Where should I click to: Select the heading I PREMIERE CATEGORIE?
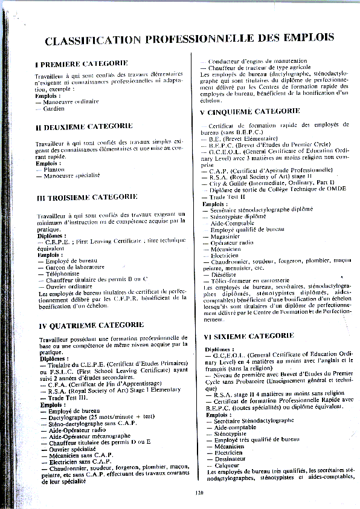(x=82, y=63)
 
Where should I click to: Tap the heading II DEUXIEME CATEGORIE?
(x=84, y=126)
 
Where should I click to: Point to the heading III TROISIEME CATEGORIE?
(x=87, y=197)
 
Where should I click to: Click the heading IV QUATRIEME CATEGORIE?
(x=87, y=326)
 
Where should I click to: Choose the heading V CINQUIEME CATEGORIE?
(x=249, y=112)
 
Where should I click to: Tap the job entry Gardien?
(x=54, y=109)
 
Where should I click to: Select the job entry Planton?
(x=54, y=170)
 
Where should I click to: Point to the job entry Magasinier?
(x=227, y=236)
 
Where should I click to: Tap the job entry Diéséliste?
(x=225, y=273)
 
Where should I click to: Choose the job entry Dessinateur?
(x=231, y=459)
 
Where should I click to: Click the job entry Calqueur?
(x=227, y=465)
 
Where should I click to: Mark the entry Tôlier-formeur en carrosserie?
(x=249, y=279)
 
